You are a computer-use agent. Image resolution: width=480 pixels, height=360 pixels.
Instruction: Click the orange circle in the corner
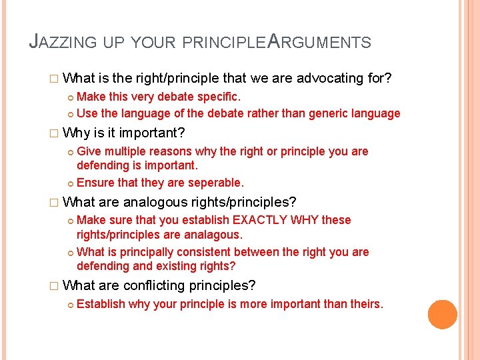(442, 314)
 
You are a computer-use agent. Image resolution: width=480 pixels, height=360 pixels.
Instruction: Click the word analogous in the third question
(158, 201)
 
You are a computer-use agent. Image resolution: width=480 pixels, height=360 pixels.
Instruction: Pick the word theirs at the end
(365, 305)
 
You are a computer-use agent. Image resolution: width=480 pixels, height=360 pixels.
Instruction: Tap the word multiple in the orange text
(127, 151)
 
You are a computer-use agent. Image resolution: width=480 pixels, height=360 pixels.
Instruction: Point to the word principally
(140, 252)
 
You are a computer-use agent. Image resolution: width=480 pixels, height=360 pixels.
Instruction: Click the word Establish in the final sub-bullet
(101, 305)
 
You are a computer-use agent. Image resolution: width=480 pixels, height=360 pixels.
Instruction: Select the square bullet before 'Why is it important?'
(55, 133)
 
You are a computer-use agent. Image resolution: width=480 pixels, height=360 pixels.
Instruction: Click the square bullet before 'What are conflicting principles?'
(55, 287)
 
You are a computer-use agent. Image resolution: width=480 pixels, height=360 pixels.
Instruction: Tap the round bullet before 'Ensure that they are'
(70, 183)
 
